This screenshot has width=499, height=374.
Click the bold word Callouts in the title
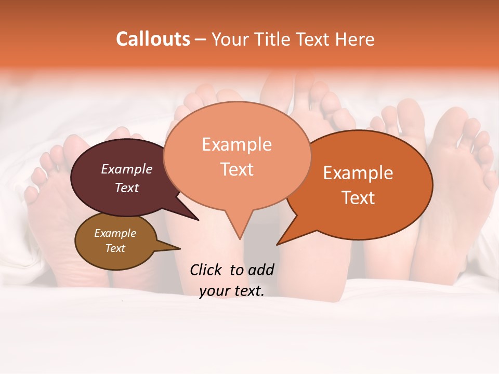(x=153, y=39)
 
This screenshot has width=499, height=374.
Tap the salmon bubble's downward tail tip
(x=240, y=238)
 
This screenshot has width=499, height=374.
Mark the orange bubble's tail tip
(x=278, y=244)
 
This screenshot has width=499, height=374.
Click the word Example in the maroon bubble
(x=127, y=169)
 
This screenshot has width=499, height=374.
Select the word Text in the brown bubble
(x=115, y=248)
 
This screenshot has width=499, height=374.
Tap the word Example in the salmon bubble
(x=237, y=144)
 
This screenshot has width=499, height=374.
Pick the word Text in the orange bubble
(x=358, y=198)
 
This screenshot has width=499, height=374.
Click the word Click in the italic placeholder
(x=206, y=270)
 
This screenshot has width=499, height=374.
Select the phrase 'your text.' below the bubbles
(x=231, y=291)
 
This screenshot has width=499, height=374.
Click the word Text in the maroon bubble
(x=127, y=188)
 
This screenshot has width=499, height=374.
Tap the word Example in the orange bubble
(x=358, y=173)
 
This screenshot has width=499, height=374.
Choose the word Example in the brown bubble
(x=115, y=233)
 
